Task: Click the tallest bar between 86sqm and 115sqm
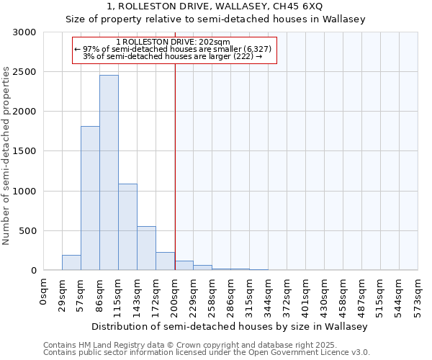pyautogui.click(x=109, y=173)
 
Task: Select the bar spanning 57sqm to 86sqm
pyautogui.click(x=90, y=198)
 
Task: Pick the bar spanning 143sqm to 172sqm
pyautogui.click(x=146, y=248)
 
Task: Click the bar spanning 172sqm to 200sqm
pyautogui.click(x=165, y=261)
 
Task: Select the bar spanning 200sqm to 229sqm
pyautogui.click(x=184, y=266)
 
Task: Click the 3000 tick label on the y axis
pyautogui.click(x=23, y=32)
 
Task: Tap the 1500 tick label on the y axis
pyautogui.click(x=23, y=151)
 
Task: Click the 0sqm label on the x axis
pyautogui.click(x=43, y=291)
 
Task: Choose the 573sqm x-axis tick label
pyautogui.click(x=418, y=295)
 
